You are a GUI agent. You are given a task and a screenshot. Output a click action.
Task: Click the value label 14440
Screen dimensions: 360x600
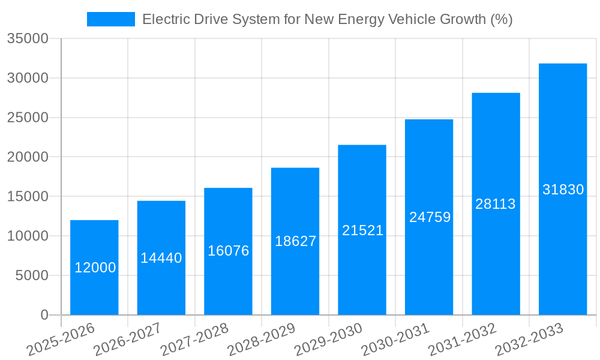pos(161,258)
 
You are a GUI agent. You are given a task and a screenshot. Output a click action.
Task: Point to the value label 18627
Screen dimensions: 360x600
pos(295,241)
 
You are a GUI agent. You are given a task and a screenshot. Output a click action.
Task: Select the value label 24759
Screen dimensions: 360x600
pos(430,217)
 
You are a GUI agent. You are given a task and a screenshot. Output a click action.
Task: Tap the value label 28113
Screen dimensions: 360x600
pos(496,204)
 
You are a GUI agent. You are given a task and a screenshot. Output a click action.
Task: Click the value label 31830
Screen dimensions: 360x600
pos(563,190)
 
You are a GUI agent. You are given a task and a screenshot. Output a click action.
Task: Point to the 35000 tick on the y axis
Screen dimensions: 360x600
pos(28,39)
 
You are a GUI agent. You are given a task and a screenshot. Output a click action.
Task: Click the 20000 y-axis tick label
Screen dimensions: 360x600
pos(28,157)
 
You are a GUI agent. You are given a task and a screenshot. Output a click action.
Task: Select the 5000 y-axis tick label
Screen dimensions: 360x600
pos(31,275)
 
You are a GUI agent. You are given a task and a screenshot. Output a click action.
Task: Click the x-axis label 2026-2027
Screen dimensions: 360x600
pos(130,339)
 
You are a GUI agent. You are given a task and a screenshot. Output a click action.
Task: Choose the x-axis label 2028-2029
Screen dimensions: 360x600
pos(264,339)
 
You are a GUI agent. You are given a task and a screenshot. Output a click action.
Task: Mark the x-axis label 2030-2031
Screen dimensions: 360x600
pos(398,339)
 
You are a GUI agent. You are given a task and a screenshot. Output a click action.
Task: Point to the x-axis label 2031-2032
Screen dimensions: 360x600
pos(464,339)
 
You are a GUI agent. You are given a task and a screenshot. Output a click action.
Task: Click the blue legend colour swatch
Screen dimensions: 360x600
pos(111,19)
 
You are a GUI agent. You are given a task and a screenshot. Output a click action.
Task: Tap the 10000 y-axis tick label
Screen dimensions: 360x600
pos(28,236)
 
